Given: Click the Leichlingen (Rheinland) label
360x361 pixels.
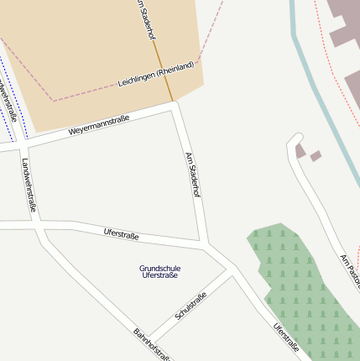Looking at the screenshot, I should [x=156, y=74].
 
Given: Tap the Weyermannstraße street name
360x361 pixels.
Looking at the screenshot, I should [x=99, y=126].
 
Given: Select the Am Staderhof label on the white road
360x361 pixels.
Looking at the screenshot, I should [x=193, y=175].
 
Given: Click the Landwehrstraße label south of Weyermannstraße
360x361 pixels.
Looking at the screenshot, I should [x=29, y=185].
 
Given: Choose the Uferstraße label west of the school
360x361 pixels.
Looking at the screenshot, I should [x=121, y=234].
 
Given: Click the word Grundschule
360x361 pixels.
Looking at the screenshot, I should [x=159, y=268].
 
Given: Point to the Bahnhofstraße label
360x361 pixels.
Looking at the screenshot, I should [x=152, y=345].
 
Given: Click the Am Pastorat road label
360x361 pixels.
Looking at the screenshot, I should [x=351, y=269].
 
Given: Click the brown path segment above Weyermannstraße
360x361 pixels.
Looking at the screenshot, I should [x=165, y=76].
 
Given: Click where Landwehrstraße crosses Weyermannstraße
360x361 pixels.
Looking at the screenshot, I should [x=23, y=144].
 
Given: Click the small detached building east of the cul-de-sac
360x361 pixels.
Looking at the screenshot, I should [x=316, y=155].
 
